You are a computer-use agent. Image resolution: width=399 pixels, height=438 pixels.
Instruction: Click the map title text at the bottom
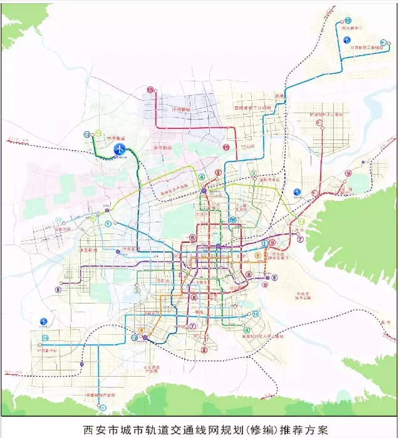tap(199, 429)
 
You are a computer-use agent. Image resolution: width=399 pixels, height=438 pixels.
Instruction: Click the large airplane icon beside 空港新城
tap(119, 149)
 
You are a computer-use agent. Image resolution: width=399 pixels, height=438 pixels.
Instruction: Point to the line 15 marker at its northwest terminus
tap(150, 90)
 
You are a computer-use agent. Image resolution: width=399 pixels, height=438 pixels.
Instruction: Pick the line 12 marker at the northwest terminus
tap(87, 134)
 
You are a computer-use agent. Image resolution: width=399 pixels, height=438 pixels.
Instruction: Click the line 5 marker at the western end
tap(58, 290)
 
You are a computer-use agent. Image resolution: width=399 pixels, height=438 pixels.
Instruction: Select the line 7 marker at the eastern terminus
tap(300, 239)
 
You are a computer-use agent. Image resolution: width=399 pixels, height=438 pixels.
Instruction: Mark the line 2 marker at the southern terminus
tap(204, 350)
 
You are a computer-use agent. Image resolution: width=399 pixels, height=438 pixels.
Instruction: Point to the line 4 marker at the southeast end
tap(247, 330)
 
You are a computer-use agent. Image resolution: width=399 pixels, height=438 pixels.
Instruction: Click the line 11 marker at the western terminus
tap(58, 221)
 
